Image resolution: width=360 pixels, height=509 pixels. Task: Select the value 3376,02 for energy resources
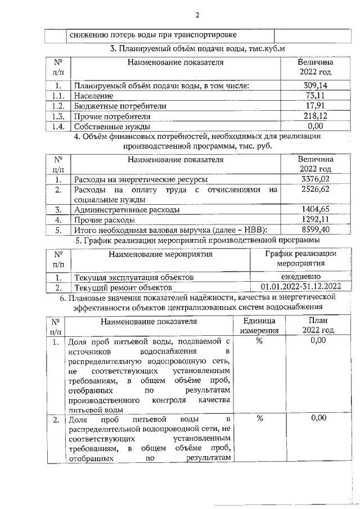315,179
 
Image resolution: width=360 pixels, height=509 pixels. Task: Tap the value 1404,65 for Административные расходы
315,209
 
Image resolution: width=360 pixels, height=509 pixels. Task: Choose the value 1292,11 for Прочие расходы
315,219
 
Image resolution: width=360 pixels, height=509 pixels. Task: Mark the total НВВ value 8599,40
315,229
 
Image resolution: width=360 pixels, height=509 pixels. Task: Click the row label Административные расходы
127,210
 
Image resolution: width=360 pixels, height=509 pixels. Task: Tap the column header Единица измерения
259,326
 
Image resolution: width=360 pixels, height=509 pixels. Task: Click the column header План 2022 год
318,326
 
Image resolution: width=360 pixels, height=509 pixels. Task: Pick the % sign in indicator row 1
259,341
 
